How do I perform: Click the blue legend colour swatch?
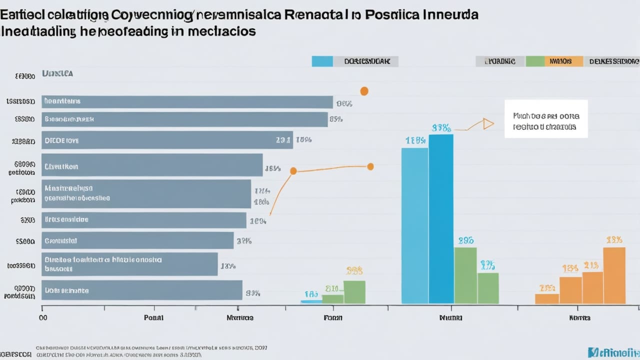click(322, 61)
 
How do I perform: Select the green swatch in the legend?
click(535, 61)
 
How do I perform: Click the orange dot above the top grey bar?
click(364, 91)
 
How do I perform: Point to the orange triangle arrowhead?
click(487, 124)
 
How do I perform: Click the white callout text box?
click(545, 119)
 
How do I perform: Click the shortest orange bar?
click(546, 298)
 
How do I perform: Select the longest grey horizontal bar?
click(187, 102)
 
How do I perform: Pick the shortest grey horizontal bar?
click(129, 264)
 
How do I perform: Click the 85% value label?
click(335, 119)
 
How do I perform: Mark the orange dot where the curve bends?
click(293, 171)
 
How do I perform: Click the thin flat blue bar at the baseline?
click(310, 301)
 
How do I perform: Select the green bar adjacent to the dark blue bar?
click(465, 275)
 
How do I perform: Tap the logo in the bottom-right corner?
click(613, 351)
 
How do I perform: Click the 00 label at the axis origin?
click(43, 317)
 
